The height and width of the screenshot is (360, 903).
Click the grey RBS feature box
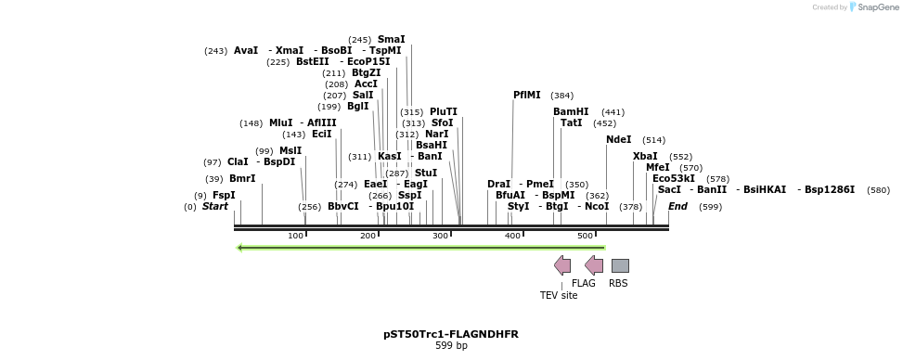(x=620, y=265)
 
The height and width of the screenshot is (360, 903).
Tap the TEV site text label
(x=559, y=295)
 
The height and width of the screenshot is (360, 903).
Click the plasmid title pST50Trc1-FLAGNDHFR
(x=451, y=334)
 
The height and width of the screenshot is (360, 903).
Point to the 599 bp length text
(x=451, y=346)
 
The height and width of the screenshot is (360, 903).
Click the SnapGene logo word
(x=876, y=7)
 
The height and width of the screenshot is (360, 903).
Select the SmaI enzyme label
(x=391, y=40)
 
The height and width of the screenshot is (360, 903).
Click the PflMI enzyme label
(x=526, y=95)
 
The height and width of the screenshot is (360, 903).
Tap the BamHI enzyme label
(x=571, y=111)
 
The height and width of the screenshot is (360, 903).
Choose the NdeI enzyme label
(x=618, y=139)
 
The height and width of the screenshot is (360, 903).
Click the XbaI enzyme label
(x=645, y=156)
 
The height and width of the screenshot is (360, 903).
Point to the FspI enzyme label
(x=224, y=195)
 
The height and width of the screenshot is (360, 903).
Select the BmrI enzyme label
(x=242, y=178)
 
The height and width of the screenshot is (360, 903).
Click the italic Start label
(x=215, y=206)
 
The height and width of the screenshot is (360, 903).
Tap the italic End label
(x=677, y=206)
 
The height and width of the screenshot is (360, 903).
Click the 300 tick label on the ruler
(x=440, y=236)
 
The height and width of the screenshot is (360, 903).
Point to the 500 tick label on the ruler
(x=585, y=236)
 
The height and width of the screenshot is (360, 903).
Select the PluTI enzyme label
(x=444, y=111)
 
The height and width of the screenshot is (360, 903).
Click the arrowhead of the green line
(x=240, y=248)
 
